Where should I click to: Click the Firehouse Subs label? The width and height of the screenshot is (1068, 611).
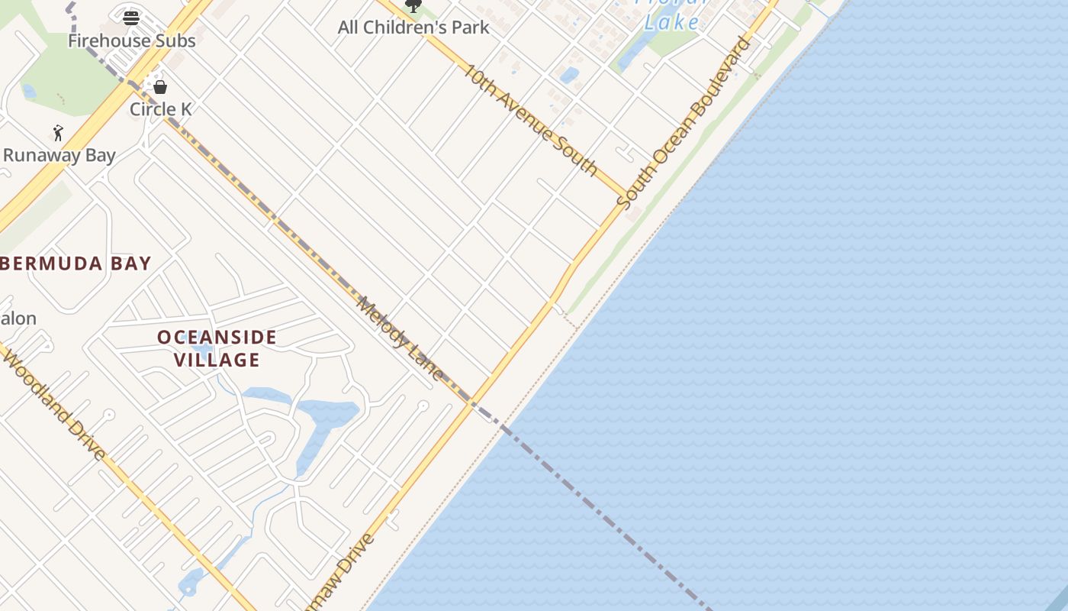132,40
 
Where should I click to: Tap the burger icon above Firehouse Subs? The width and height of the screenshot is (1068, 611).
131,17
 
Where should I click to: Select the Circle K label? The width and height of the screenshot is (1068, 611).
160,109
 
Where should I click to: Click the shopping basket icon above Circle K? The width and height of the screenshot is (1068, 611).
160,87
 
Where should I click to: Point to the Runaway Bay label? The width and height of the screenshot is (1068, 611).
60,155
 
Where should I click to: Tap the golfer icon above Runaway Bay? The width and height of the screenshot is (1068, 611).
58,133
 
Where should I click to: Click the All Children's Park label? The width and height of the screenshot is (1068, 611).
413,27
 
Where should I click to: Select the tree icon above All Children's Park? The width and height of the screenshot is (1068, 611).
413,6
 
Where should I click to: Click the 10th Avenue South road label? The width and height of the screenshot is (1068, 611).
530,119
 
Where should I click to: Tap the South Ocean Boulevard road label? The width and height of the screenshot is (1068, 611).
684,122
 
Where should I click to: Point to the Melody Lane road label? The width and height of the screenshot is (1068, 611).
400,338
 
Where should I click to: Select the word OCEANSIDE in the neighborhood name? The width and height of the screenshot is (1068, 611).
217,337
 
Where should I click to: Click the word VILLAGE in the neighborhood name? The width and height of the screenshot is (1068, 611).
217,359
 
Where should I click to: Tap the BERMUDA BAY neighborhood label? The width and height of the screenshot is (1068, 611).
76,263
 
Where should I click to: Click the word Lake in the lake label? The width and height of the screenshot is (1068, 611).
671,22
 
